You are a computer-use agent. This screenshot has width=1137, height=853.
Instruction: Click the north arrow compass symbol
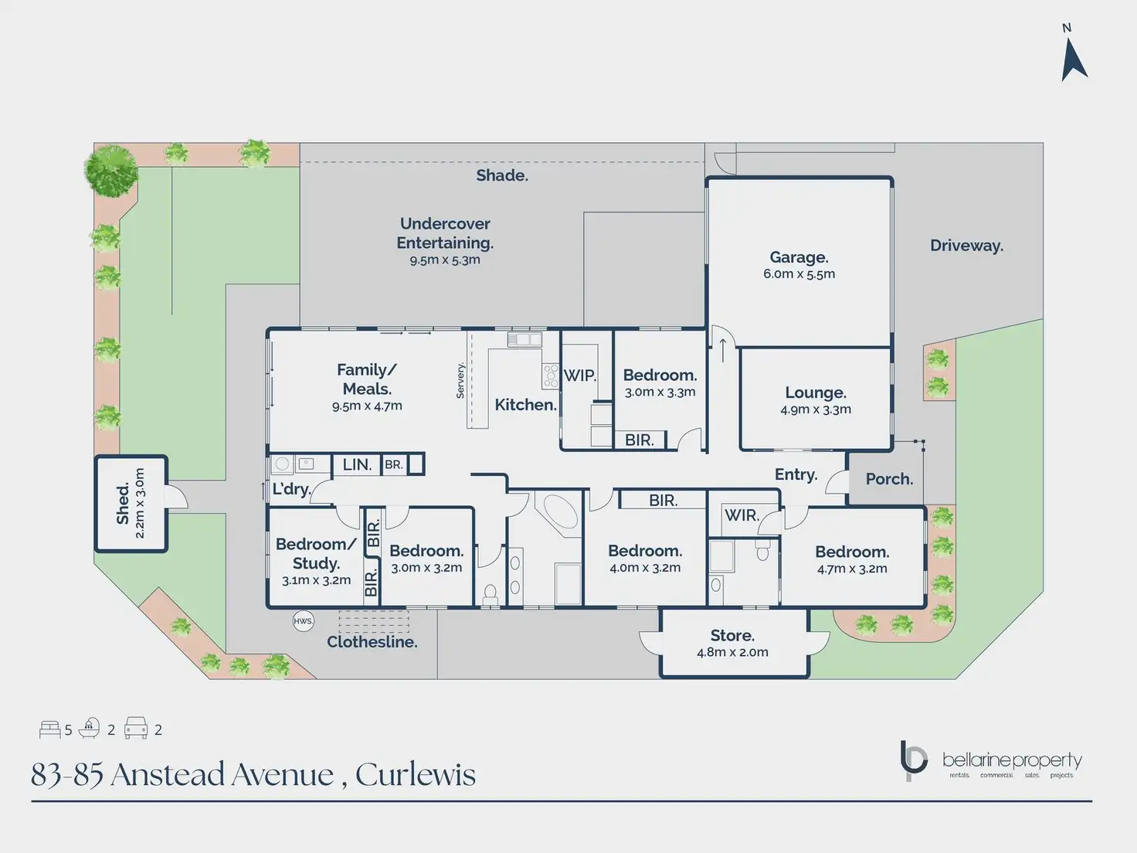click(x=1074, y=59)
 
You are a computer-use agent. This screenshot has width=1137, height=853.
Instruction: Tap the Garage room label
click(x=799, y=257)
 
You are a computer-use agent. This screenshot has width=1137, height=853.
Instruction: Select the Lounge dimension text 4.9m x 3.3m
click(x=816, y=410)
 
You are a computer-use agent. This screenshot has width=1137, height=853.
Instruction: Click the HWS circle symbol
click(x=303, y=621)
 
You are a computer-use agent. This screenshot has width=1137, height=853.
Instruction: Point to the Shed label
click(x=123, y=504)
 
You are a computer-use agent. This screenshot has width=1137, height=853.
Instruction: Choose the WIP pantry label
click(x=579, y=376)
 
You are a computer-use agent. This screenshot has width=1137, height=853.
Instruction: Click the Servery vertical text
click(x=460, y=380)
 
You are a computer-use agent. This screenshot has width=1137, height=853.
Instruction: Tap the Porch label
click(x=889, y=479)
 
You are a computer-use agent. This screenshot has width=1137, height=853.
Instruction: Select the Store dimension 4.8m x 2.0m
click(x=732, y=652)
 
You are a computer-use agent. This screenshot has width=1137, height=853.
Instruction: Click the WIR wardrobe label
click(x=742, y=515)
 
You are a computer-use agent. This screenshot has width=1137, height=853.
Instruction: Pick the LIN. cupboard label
click(x=357, y=464)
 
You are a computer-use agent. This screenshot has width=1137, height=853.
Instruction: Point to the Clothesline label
click(x=372, y=641)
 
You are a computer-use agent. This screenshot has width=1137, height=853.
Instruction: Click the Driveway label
click(x=966, y=246)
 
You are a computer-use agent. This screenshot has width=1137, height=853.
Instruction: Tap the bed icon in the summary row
click(x=49, y=729)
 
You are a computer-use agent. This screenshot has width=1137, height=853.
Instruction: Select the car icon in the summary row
click(x=136, y=728)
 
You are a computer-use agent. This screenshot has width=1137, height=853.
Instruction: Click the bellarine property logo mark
click(x=913, y=760)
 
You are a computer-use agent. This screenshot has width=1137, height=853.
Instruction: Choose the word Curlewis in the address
click(x=415, y=774)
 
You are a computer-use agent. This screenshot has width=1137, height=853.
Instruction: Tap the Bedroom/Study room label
click(x=316, y=553)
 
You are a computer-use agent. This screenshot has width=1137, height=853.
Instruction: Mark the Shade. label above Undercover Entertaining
click(x=502, y=175)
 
